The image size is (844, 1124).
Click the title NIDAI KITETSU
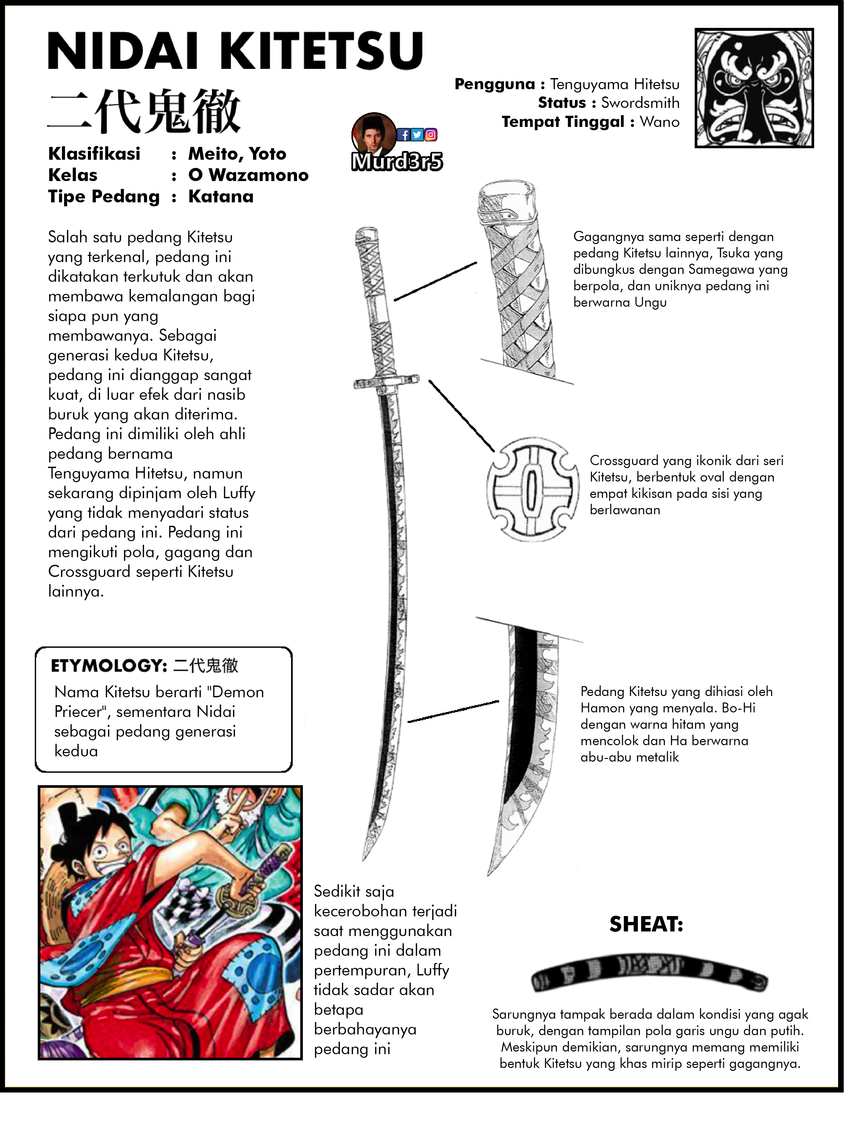point(235,51)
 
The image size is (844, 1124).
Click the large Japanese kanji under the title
point(144,111)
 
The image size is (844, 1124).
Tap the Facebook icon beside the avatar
point(404,135)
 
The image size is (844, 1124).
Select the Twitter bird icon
point(417,135)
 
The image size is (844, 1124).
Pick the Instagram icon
point(431,135)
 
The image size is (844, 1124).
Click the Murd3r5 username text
point(397,162)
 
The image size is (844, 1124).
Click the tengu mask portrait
point(754,88)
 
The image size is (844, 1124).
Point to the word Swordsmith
point(640,103)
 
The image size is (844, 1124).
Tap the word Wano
point(660,122)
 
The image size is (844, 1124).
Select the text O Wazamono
point(248,175)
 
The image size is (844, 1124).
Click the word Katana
point(221,197)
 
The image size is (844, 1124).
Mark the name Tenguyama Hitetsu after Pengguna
point(615,84)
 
